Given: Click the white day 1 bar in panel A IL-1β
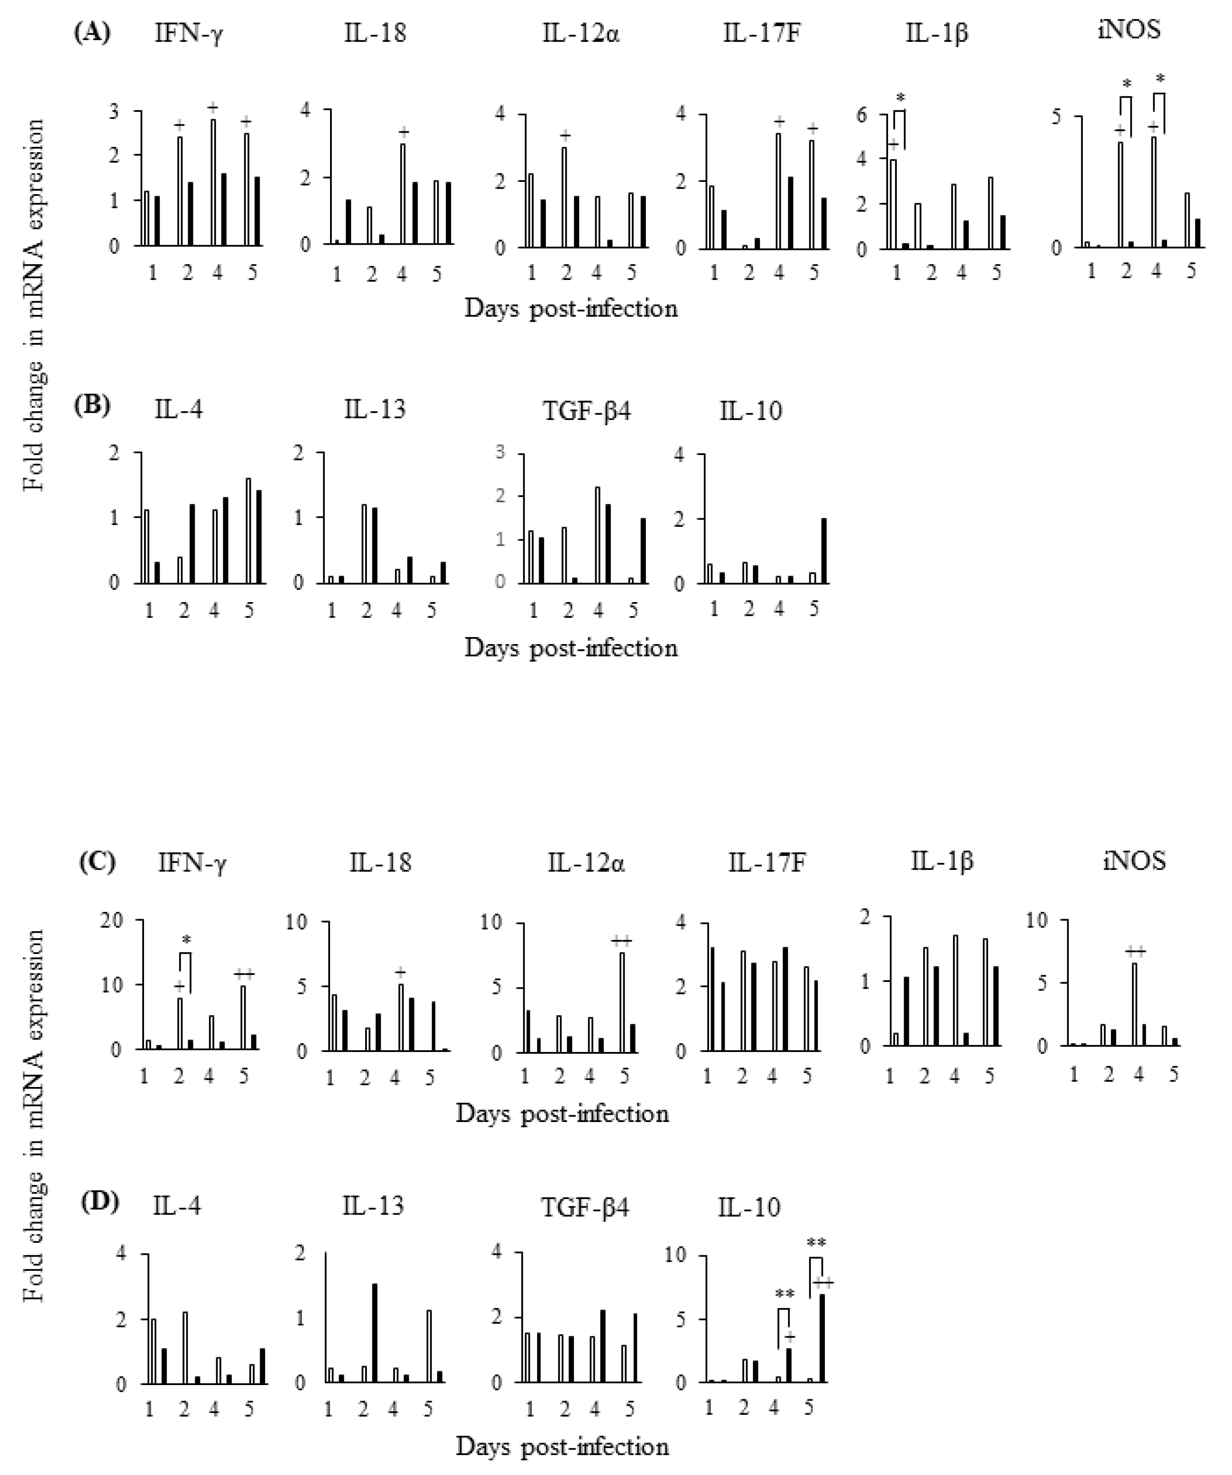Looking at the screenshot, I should coord(893,204).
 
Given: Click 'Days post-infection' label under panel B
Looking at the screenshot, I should coord(571,648).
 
